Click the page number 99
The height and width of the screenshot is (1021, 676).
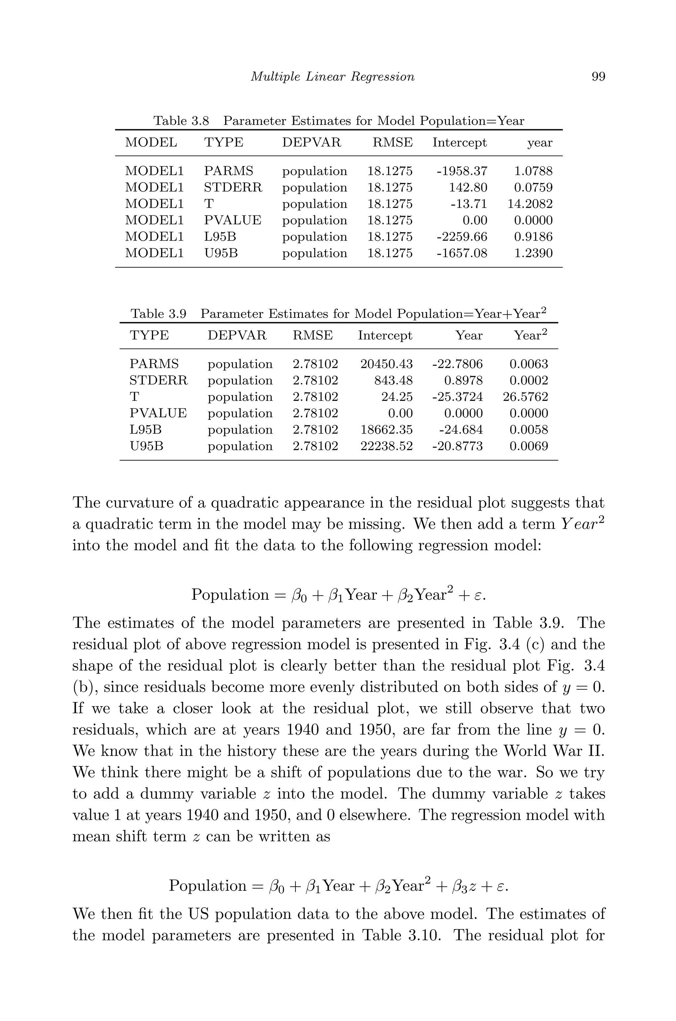(598, 77)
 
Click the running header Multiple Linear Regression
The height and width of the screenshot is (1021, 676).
(332, 77)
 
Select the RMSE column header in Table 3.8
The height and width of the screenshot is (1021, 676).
(392, 142)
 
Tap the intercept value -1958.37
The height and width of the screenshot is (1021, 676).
(462, 171)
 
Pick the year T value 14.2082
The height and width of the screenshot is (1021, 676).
(530, 204)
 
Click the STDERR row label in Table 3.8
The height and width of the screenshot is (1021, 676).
(233, 188)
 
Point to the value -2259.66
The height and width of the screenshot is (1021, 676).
(462, 237)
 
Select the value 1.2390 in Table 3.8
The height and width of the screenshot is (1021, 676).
(533, 253)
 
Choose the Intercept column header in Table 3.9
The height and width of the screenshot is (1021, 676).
(385, 336)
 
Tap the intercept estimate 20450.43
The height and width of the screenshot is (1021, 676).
(386, 364)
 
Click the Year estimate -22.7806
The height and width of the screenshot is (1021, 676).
(457, 364)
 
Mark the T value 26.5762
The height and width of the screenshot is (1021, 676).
(525, 397)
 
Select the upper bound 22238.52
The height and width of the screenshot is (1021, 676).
(386, 446)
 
